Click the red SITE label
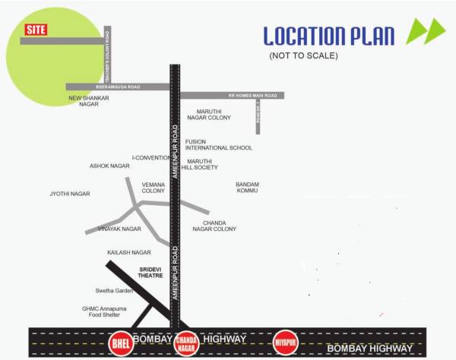(x=35, y=30)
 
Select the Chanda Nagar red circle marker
(x=187, y=343)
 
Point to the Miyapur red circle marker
(x=285, y=342)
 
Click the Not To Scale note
(x=303, y=56)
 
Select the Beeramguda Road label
(x=118, y=87)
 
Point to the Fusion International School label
(x=219, y=144)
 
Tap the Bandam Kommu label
(x=248, y=187)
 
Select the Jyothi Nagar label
(x=70, y=194)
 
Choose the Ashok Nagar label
(x=109, y=166)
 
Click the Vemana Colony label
(x=153, y=187)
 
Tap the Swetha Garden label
(x=114, y=291)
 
